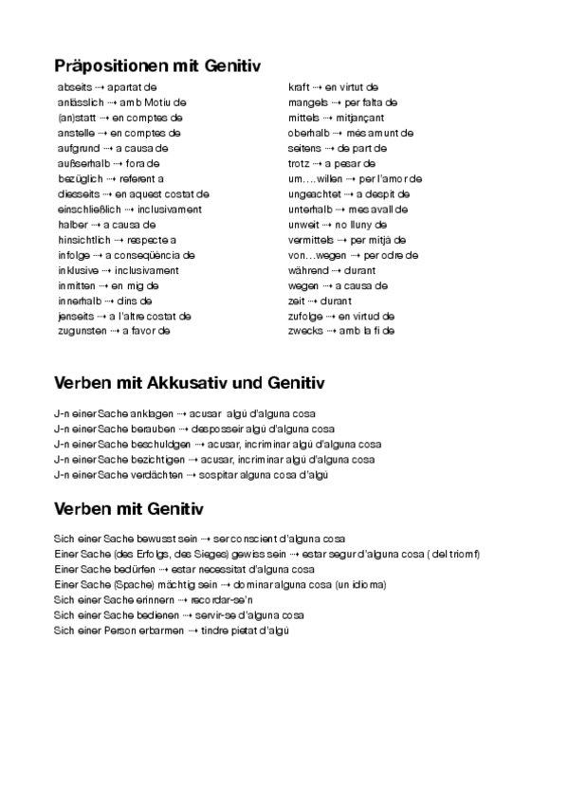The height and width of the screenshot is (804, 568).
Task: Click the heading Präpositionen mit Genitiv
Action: [x=157, y=66]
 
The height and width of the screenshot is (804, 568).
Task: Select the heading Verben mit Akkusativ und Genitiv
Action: [x=189, y=383]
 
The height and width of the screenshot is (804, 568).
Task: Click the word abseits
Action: [x=75, y=87]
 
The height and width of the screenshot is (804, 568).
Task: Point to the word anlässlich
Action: [x=80, y=102]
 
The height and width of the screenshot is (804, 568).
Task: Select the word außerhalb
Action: [x=79, y=163]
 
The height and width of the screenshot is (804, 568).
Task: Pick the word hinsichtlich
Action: [x=84, y=240]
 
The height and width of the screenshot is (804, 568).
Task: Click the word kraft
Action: [x=299, y=87]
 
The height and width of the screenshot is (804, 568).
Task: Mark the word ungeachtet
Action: [x=313, y=193]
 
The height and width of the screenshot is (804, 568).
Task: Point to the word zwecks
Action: [x=304, y=331]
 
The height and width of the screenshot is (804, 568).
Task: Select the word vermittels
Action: [x=310, y=240]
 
